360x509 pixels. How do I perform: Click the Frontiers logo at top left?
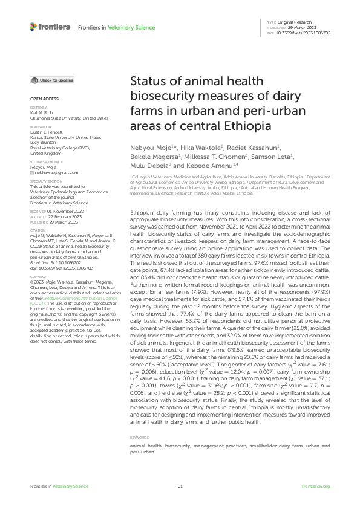click(49, 27)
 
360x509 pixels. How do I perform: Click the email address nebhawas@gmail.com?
click(54, 156)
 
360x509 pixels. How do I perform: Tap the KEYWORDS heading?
click(140, 437)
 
